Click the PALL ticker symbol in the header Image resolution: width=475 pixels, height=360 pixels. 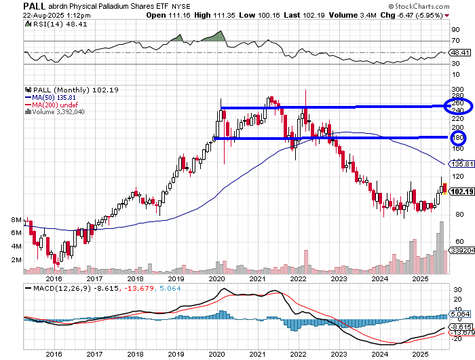click(14, 5)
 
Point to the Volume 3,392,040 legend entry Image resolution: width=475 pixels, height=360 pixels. click(56, 112)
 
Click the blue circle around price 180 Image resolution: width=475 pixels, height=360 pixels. click(457, 137)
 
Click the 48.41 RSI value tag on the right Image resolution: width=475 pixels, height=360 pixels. click(459, 52)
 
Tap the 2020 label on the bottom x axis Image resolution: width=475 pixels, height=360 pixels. click(217, 278)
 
